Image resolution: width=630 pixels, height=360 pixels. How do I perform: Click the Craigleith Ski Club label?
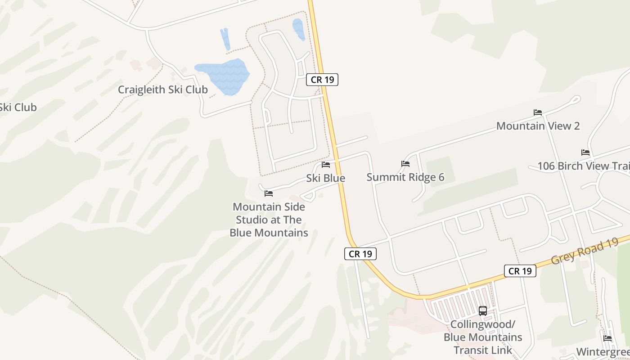163,90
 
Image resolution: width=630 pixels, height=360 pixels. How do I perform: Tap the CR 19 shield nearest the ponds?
322,80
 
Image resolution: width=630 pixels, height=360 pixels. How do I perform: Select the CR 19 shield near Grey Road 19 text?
520,270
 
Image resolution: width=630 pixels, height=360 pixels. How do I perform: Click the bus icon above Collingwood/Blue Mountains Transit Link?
483,310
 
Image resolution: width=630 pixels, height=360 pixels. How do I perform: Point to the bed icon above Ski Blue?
326,165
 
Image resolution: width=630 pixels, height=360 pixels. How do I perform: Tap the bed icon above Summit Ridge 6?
405,164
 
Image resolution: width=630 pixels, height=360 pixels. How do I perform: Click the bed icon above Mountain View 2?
538,112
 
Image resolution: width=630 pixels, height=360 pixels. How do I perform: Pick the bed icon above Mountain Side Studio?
269,193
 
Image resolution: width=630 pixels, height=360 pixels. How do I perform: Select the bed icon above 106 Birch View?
585,153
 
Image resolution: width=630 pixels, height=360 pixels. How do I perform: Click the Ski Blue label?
326,178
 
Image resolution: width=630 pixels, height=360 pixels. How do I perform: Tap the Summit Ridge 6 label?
405,177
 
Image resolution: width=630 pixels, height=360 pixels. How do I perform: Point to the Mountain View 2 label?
538,126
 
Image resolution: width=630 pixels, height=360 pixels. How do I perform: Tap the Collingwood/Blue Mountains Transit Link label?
483,337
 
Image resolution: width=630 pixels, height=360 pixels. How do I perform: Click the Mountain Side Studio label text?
269,220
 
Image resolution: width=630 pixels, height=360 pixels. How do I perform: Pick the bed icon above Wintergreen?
607,338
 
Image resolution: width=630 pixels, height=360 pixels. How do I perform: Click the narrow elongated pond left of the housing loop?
225,39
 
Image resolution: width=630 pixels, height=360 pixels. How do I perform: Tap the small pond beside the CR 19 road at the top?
298,28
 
